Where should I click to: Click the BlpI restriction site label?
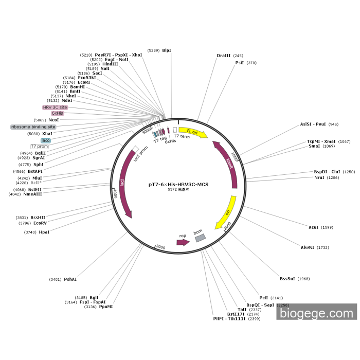pos(166,50)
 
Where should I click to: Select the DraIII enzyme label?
pos(224,56)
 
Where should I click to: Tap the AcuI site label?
pos(313,227)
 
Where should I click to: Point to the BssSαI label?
pos(287,279)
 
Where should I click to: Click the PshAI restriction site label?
pos(70,279)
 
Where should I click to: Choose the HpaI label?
pos(44,232)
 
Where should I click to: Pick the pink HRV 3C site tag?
pos(55,107)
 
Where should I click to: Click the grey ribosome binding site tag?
pos(33,127)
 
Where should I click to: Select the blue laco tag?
pos(46,140)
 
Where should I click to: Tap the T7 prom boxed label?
pos(40,147)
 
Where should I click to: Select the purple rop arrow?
pos(183,241)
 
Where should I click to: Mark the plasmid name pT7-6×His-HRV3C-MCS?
pos(178,184)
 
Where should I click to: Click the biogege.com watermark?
pos(316,312)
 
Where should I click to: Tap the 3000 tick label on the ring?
pos(161,247)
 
